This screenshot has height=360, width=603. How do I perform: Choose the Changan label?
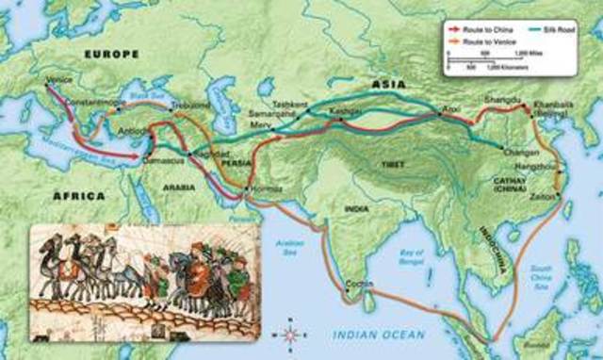tap(521, 151)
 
